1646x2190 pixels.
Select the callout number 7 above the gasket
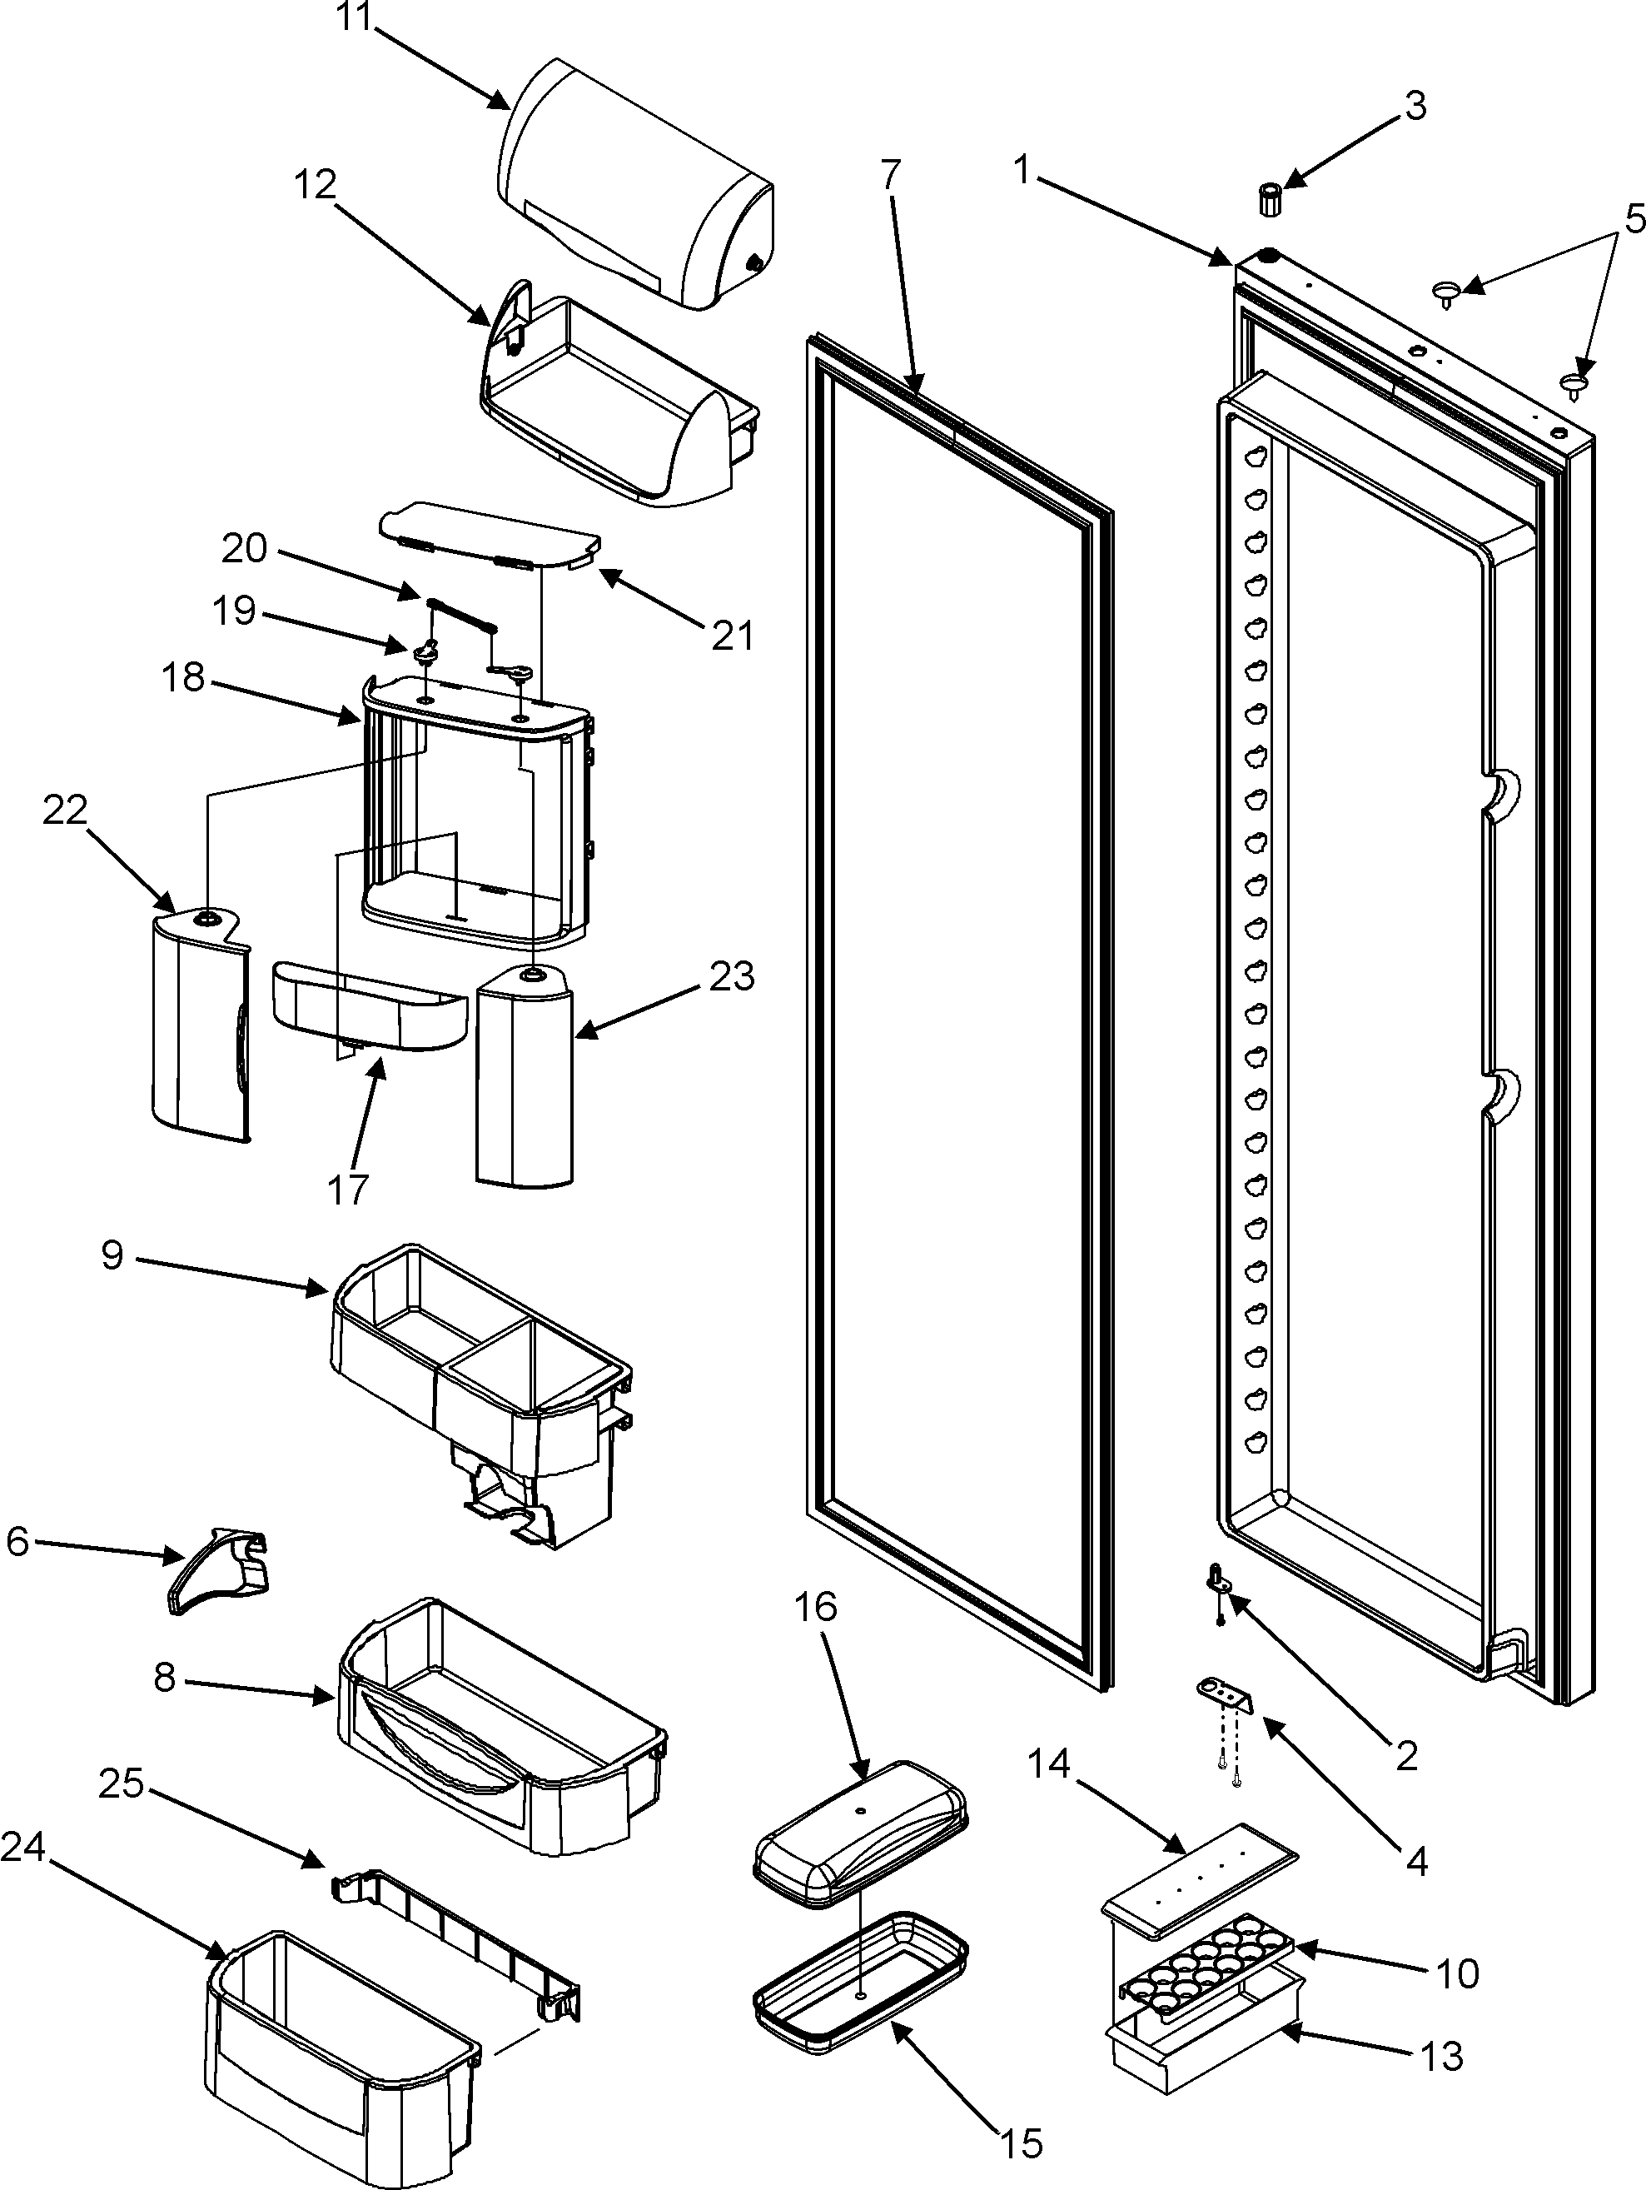[890, 174]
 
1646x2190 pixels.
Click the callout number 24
[24, 1847]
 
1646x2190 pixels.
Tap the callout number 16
[816, 1607]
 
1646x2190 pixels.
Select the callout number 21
[733, 635]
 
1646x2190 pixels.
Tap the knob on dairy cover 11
[753, 263]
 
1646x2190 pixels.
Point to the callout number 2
[1405, 1755]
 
